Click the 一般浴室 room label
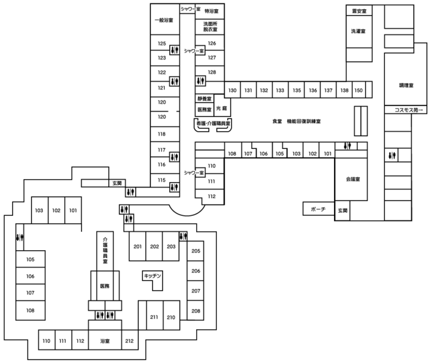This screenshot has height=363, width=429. pyautogui.click(x=164, y=20)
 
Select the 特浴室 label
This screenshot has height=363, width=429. pyautogui.click(x=211, y=11)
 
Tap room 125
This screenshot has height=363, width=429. pyautogui.click(x=162, y=44)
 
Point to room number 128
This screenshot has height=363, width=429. pyautogui.click(x=212, y=72)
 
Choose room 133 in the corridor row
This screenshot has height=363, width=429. pyautogui.click(x=280, y=90)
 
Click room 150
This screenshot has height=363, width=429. pyautogui.click(x=359, y=90)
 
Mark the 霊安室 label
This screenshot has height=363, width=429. pyautogui.click(x=359, y=11)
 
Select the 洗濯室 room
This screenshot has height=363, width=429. pyautogui.click(x=358, y=31)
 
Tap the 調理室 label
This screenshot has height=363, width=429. pyautogui.click(x=406, y=85)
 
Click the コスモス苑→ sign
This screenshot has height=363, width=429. pyautogui.click(x=409, y=110)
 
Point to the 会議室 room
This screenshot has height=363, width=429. pyautogui.click(x=353, y=179)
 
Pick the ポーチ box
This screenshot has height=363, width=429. pyautogui.click(x=318, y=209)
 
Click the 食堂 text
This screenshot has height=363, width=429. pyautogui.click(x=277, y=121)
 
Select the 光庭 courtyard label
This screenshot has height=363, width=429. pyautogui.click(x=222, y=109)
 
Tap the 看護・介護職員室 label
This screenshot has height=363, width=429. pyautogui.click(x=213, y=124)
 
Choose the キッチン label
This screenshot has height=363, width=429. pyautogui.click(x=153, y=276)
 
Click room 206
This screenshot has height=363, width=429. pyautogui.click(x=196, y=271)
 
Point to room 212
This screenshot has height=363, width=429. pyautogui.click(x=129, y=341)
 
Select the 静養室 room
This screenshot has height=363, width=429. pyautogui.click(x=204, y=99)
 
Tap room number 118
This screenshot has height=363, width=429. pyautogui.click(x=162, y=134)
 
